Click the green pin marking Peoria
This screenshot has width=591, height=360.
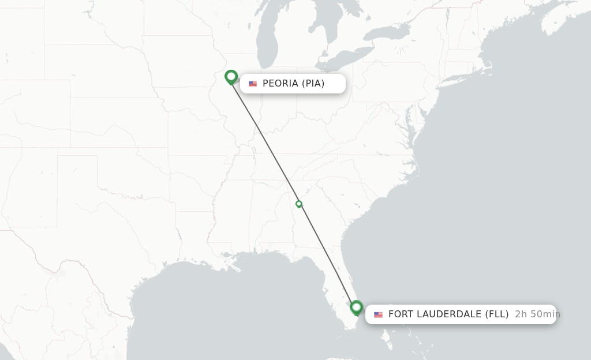pyautogui.click(x=231, y=76)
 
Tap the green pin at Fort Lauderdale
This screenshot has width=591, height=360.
pyautogui.click(x=356, y=307)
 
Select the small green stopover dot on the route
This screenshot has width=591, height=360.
pyautogui.click(x=299, y=204)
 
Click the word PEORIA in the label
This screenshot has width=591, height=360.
pyautogui.click(x=280, y=84)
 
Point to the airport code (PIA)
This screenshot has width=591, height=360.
pyautogui.click(x=313, y=84)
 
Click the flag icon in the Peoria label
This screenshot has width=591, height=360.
pyautogui.click(x=253, y=84)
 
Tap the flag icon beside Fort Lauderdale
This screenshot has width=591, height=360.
pyautogui.click(x=379, y=314)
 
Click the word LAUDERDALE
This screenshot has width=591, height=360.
pyautogui.click(x=449, y=314)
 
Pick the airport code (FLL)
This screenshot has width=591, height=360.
pyautogui.click(x=496, y=314)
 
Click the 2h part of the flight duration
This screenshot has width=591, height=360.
pyautogui.click(x=521, y=314)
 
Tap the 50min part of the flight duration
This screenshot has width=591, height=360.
pyautogui.click(x=545, y=314)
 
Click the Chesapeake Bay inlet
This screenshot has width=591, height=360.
pyautogui.click(x=411, y=136)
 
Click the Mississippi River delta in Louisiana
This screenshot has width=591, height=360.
pyautogui.click(x=237, y=267)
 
